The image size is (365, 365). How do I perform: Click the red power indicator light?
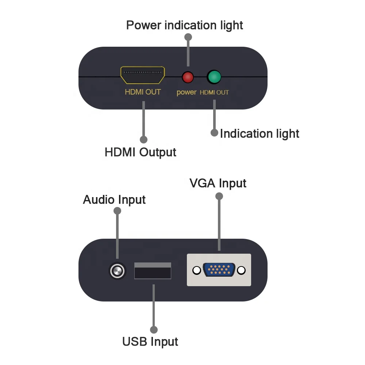[x=188, y=77]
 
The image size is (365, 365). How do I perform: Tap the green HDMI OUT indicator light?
[x=214, y=77]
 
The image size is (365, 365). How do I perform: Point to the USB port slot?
[x=153, y=271]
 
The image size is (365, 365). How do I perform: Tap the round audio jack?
[x=118, y=271]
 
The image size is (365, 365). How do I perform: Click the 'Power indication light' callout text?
[x=184, y=25]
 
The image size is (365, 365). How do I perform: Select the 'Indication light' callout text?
[x=260, y=134]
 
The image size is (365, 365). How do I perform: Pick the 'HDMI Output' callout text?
[x=141, y=152]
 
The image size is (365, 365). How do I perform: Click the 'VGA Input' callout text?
[x=218, y=183]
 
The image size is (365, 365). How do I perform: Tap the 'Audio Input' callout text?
[x=114, y=200]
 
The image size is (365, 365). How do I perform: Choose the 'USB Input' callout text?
[x=150, y=342]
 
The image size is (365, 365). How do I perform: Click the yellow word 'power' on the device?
[x=187, y=92]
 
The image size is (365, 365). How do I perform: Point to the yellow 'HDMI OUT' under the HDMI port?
[x=143, y=92]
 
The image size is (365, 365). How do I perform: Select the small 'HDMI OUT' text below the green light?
[x=214, y=93]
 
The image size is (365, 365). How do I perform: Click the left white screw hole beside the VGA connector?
[x=197, y=270]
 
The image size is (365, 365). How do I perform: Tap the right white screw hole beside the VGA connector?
[x=241, y=270]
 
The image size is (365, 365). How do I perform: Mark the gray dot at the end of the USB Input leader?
[x=154, y=329]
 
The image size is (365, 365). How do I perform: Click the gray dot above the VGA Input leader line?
[x=219, y=196]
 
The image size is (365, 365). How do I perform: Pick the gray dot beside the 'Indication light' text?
[x=214, y=133]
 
